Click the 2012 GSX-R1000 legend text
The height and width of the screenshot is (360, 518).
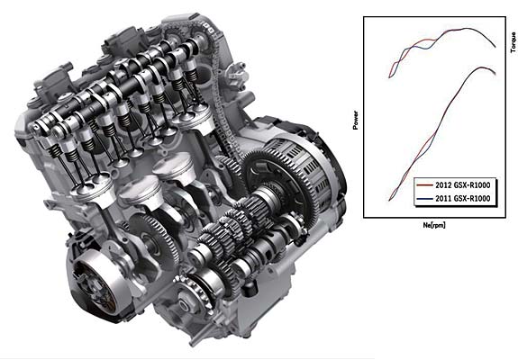462,185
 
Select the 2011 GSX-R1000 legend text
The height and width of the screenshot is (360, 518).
462,198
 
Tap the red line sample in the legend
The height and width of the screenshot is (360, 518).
424,185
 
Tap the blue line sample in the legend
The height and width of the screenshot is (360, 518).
424,199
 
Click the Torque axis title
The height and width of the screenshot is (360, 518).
513,42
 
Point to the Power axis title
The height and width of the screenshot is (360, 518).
356,120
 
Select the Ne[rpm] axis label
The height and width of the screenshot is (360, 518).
434,225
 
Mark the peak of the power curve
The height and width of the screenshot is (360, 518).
481,67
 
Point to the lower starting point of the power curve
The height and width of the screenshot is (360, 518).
389,200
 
